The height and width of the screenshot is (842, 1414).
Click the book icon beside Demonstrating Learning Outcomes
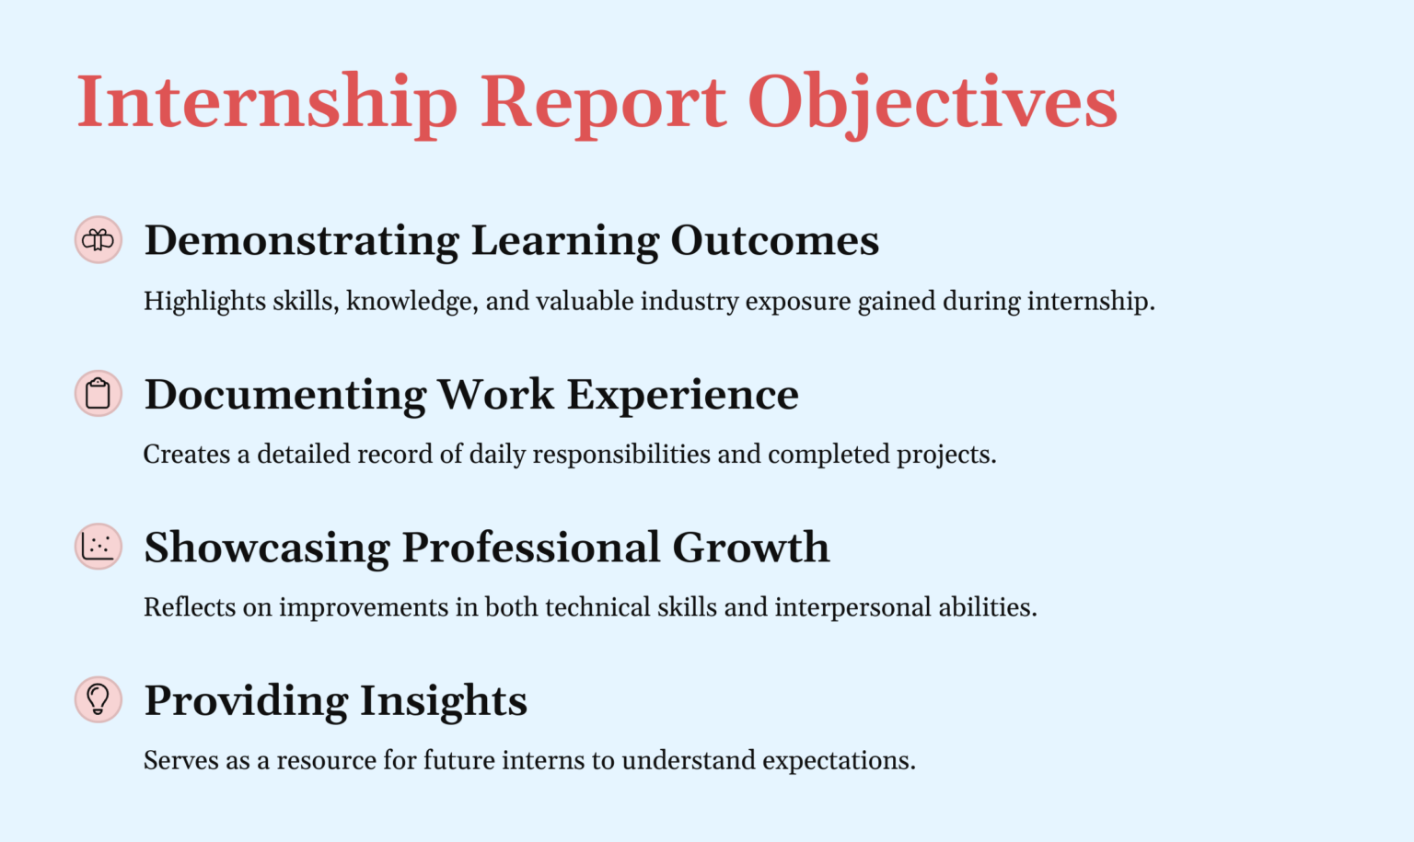99,240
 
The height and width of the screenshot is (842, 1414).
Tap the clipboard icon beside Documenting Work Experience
99,394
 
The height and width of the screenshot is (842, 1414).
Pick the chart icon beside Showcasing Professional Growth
99,547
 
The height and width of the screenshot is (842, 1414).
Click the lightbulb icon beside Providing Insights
99,699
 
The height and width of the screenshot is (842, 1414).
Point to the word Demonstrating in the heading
301,241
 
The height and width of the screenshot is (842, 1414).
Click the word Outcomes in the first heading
774,241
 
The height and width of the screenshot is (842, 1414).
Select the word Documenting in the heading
285,395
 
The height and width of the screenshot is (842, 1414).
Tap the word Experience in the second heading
682,395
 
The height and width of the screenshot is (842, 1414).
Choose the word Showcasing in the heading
267,548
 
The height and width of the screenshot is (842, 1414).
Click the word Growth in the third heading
750,548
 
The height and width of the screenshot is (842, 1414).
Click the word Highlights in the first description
191,302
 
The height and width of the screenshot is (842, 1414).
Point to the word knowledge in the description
411,302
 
